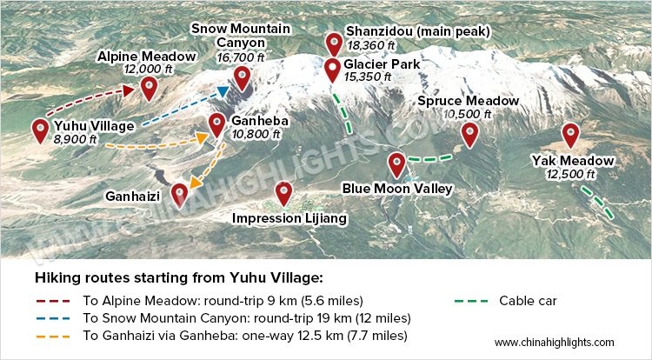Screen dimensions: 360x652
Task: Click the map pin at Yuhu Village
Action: pos(40,130)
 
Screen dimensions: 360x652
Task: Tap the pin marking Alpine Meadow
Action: pos(149,87)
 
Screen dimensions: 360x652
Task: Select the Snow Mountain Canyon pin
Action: pos(242,76)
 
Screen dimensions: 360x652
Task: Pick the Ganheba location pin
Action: pos(218,123)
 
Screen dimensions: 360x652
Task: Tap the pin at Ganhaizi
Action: pos(179,193)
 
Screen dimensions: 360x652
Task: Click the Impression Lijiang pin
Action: pos(283,192)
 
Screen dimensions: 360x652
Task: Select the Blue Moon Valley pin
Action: pos(397,163)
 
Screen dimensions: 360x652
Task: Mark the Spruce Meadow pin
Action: pos(469,134)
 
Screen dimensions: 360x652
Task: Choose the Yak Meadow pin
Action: pos(570,134)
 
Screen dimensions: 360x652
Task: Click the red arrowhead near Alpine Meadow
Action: pos(129,90)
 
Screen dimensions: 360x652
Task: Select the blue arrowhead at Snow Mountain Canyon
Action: pos(223,90)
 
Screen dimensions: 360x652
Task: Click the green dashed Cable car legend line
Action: pos(470,302)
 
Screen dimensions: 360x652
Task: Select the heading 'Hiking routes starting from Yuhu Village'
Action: pos(178,278)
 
